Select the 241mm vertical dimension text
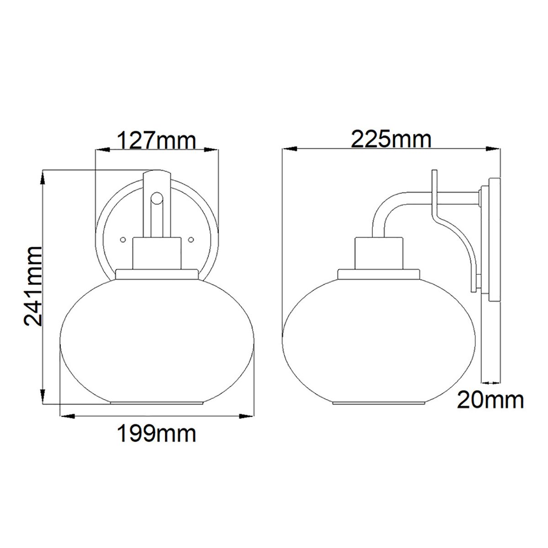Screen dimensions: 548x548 pos(34,286)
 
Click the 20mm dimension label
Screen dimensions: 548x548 pos(490,400)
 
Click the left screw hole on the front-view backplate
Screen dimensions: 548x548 pos(122,239)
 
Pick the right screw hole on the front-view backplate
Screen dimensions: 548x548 pos(191,239)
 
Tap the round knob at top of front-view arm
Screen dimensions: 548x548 pos(157,198)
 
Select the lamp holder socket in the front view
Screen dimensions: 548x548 pos(157,253)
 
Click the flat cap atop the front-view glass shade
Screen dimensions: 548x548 pos(157,274)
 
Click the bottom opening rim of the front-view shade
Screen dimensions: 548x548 pos(157,403)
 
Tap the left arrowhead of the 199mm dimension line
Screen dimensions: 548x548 pos(66,416)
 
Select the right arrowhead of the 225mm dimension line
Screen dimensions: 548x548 pos(495,149)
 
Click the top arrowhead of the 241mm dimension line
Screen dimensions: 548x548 pos(43,176)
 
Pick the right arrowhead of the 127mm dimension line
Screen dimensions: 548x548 pos(213,149)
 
